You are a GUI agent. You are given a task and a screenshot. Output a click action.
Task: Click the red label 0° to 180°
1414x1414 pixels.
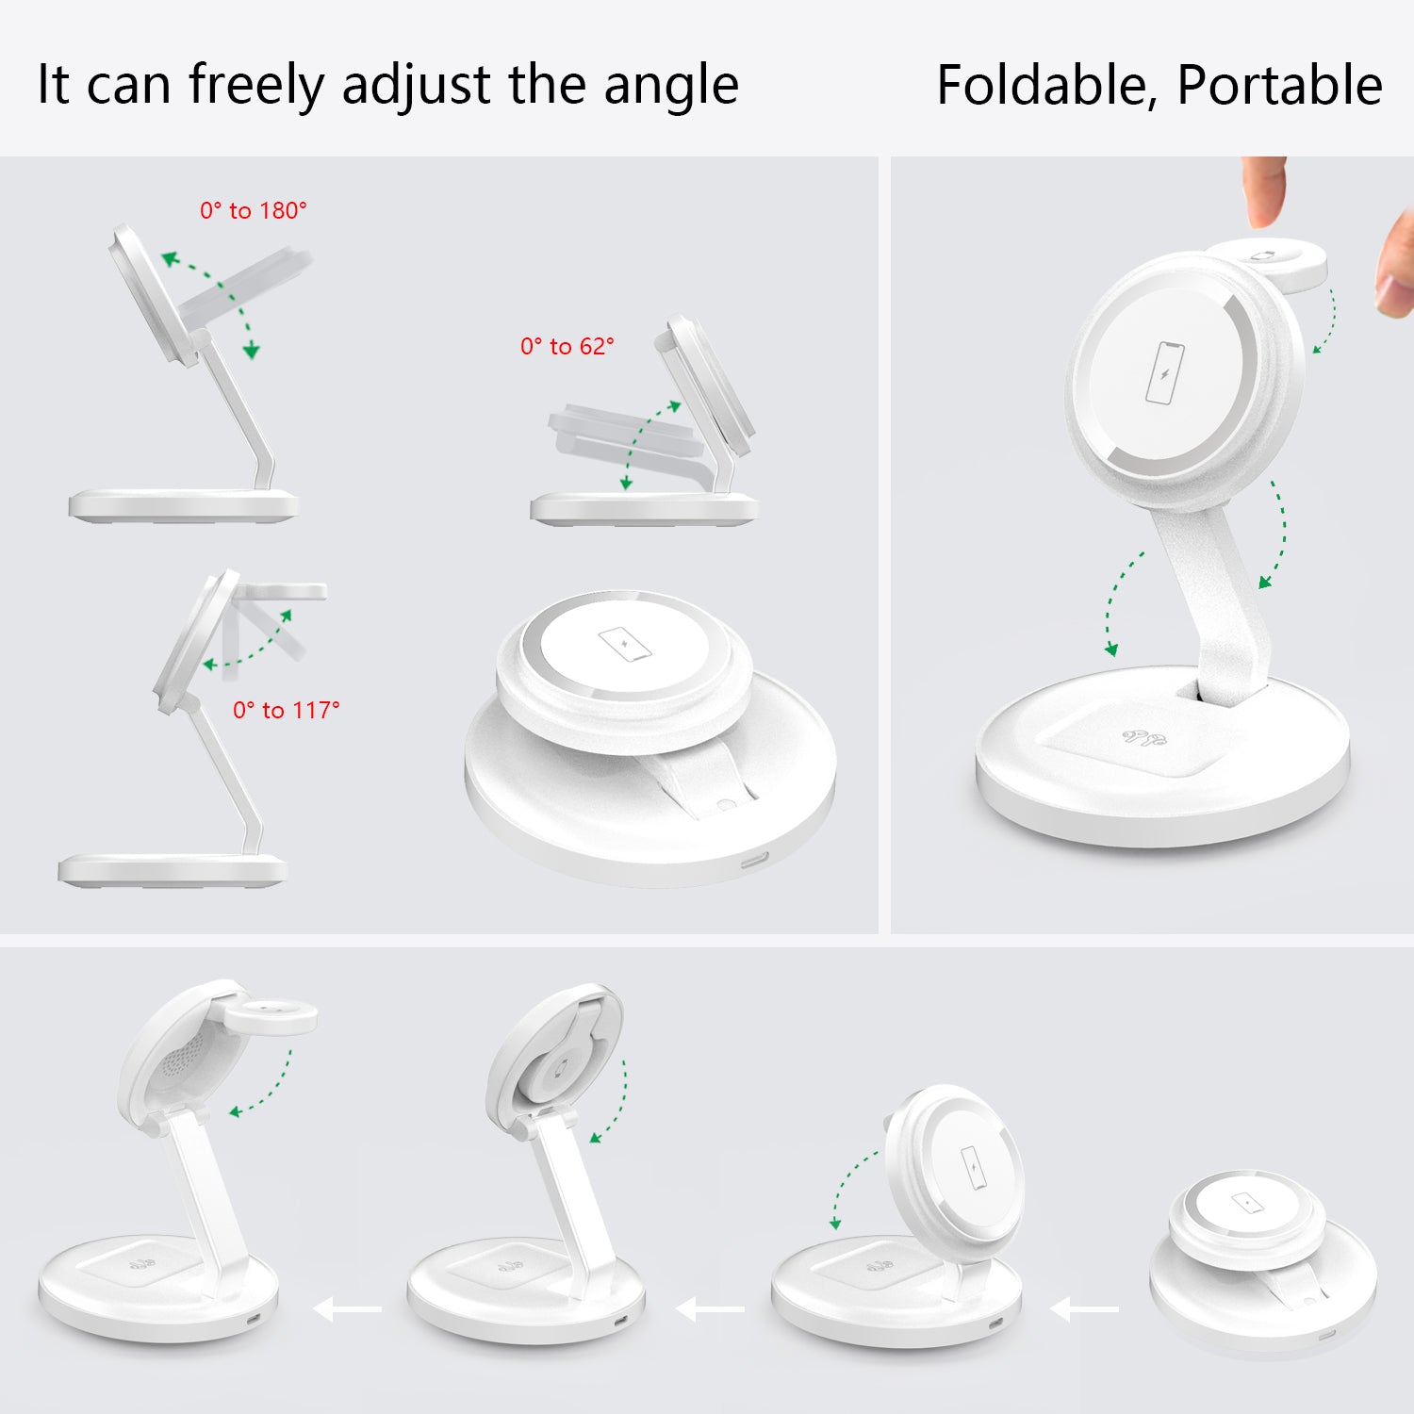tap(254, 210)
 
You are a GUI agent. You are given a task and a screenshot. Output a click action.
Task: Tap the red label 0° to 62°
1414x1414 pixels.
tap(567, 346)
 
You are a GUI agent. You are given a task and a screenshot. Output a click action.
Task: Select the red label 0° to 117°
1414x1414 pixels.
tap(287, 710)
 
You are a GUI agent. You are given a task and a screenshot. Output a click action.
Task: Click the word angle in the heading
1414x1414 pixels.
tap(671, 87)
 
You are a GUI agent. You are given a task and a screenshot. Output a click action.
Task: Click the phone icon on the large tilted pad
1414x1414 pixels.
tap(1164, 373)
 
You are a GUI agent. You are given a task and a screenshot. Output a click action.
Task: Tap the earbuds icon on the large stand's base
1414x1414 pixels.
tap(1144, 736)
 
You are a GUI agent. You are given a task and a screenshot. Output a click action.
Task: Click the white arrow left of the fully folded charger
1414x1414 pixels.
tap(1084, 1308)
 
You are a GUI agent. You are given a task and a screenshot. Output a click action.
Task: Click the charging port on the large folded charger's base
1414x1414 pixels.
tap(755, 860)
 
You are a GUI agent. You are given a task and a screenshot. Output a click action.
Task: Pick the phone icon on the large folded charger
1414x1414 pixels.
tap(625, 645)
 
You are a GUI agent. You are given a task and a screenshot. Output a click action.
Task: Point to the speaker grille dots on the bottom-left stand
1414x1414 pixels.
tap(181, 1060)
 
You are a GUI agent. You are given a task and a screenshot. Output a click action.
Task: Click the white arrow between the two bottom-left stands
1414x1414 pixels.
tap(347, 1308)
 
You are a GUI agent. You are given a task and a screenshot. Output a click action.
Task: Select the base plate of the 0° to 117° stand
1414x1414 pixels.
tap(172, 869)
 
